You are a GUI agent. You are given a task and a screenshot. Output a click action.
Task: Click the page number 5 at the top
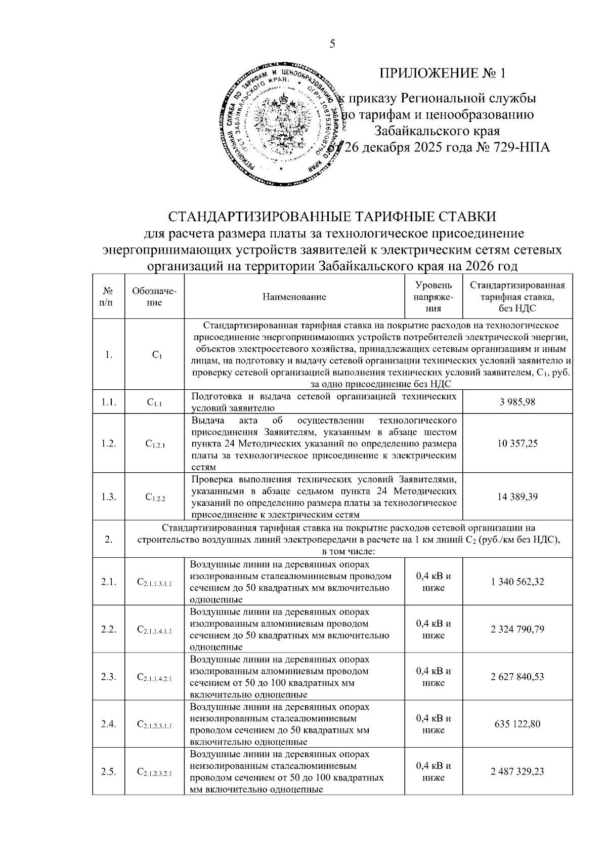tap(332, 44)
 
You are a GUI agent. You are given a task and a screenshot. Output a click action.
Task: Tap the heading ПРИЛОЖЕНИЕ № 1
tap(443, 73)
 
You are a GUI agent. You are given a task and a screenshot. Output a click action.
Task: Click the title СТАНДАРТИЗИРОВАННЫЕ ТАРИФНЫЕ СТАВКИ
tap(332, 217)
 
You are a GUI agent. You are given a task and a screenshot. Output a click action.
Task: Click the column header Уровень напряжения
tap(433, 297)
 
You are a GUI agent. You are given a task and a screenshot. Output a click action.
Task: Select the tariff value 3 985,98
tap(517, 402)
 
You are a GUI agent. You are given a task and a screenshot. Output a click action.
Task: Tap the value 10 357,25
tap(517, 443)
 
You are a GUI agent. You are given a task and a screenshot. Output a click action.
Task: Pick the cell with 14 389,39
tap(517, 497)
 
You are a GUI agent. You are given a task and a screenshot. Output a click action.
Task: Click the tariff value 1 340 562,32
tap(517, 582)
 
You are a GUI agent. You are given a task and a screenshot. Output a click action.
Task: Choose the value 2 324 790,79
tap(517, 630)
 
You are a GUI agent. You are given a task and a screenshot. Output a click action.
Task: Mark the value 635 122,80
tap(517, 724)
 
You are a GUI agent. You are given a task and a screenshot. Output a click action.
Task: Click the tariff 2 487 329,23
tap(517, 771)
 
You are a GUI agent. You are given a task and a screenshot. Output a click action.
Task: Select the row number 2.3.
tap(109, 677)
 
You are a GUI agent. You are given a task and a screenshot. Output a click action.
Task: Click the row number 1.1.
tap(109, 402)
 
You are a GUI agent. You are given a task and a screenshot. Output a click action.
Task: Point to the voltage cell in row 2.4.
tap(433, 724)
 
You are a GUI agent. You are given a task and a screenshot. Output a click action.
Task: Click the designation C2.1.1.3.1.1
tap(155, 583)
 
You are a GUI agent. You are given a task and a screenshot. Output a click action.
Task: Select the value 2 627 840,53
tap(517, 677)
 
